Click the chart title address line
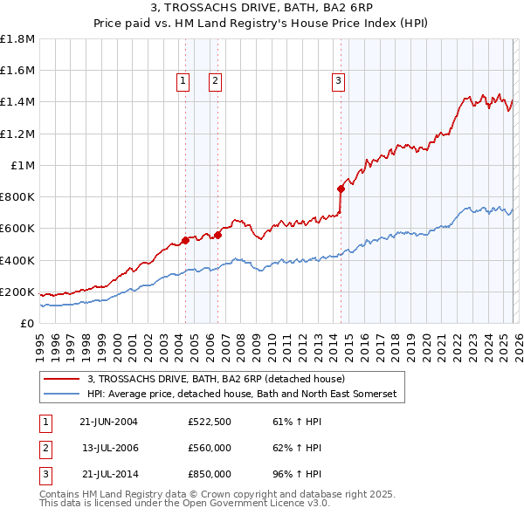pos(262,8)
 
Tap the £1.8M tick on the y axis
pos(17,39)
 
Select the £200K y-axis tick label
pos(17,292)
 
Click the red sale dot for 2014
pos(341,188)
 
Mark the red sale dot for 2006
pos(217,234)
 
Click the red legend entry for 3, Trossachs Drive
pos(217,379)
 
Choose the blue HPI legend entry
pos(241,395)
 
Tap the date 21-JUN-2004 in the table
pos(108,422)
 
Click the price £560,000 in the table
pos(209,448)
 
